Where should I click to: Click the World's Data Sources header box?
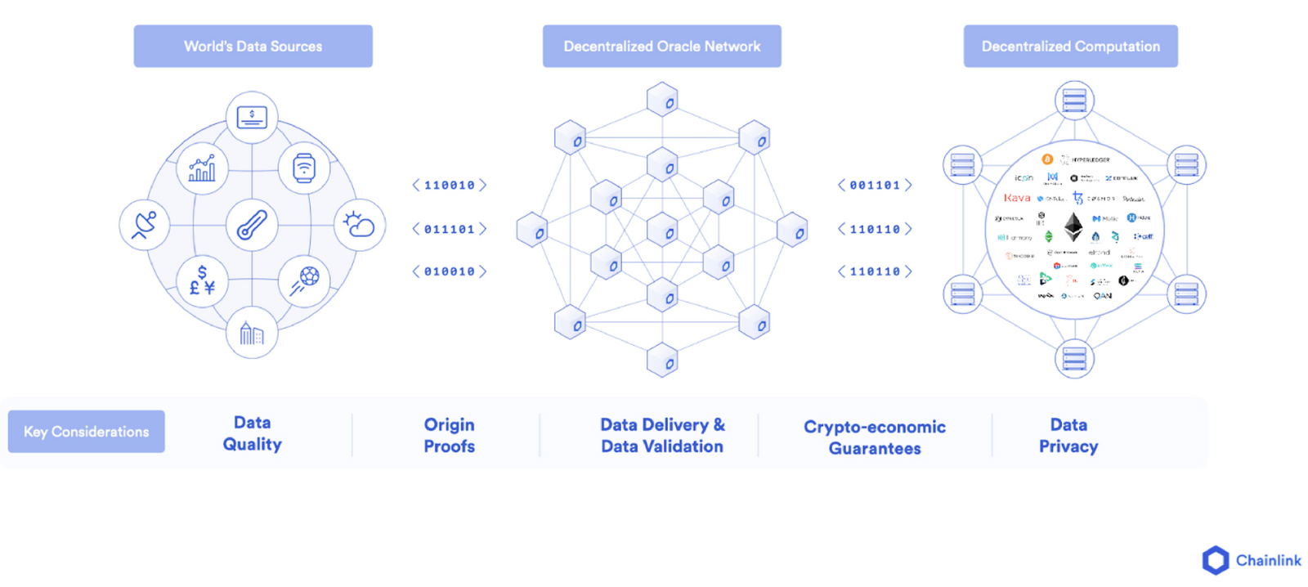click(x=253, y=47)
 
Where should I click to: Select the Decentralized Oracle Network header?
click(x=661, y=47)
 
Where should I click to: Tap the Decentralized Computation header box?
click(x=1070, y=47)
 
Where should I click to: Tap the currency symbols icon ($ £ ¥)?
click(x=202, y=280)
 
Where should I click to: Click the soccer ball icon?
click(x=304, y=280)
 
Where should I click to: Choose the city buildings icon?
click(x=252, y=333)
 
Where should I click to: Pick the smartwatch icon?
click(x=304, y=168)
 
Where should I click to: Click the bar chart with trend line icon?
click(x=202, y=168)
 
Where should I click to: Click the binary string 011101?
click(x=449, y=230)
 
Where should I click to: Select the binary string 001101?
click(x=875, y=186)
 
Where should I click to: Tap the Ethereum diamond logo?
click(x=1073, y=226)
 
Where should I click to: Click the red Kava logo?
click(x=1017, y=198)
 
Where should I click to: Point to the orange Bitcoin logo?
click(x=1047, y=159)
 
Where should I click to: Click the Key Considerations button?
click(x=87, y=432)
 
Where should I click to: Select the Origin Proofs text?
click(x=449, y=435)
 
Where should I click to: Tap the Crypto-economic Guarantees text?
click(x=875, y=437)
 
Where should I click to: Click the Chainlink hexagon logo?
click(x=1216, y=560)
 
